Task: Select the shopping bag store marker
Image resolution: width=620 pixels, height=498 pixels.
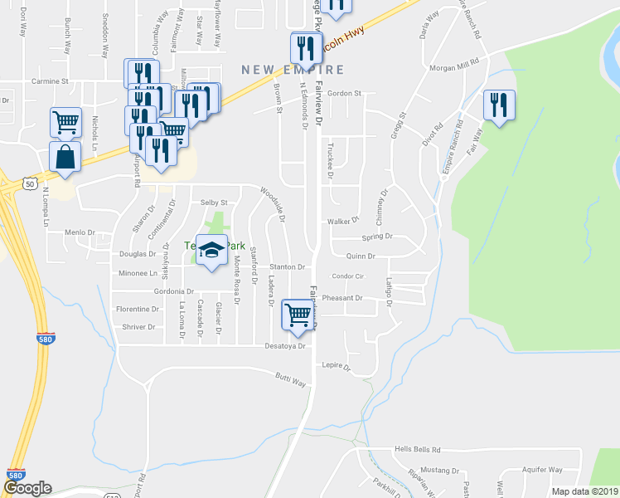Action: pyautogui.click(x=65, y=156)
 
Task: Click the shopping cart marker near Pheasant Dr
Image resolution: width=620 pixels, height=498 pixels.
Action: pyautogui.click(x=298, y=315)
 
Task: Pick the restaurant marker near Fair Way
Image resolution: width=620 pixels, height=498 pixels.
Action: pyautogui.click(x=499, y=105)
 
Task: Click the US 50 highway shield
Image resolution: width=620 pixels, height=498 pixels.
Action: pyautogui.click(x=30, y=182)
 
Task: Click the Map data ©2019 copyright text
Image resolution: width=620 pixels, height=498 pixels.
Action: pyautogui.click(x=584, y=491)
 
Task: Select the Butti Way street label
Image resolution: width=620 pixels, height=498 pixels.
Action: pyautogui.click(x=291, y=380)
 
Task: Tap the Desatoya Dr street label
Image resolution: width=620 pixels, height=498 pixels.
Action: pyautogui.click(x=286, y=345)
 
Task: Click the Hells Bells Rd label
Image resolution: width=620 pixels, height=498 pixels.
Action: pyautogui.click(x=418, y=449)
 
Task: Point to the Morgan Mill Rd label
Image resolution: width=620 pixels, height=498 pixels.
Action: pyautogui.click(x=454, y=66)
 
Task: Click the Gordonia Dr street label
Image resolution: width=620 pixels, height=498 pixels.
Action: pyautogui.click(x=173, y=291)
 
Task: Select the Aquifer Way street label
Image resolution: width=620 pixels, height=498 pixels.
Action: pyautogui.click(x=543, y=469)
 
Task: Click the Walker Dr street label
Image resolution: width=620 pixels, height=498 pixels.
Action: pyautogui.click(x=341, y=222)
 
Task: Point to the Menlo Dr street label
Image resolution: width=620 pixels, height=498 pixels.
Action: pyautogui.click(x=80, y=232)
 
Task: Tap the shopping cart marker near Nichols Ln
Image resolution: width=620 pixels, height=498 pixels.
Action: pyautogui.click(x=65, y=123)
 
